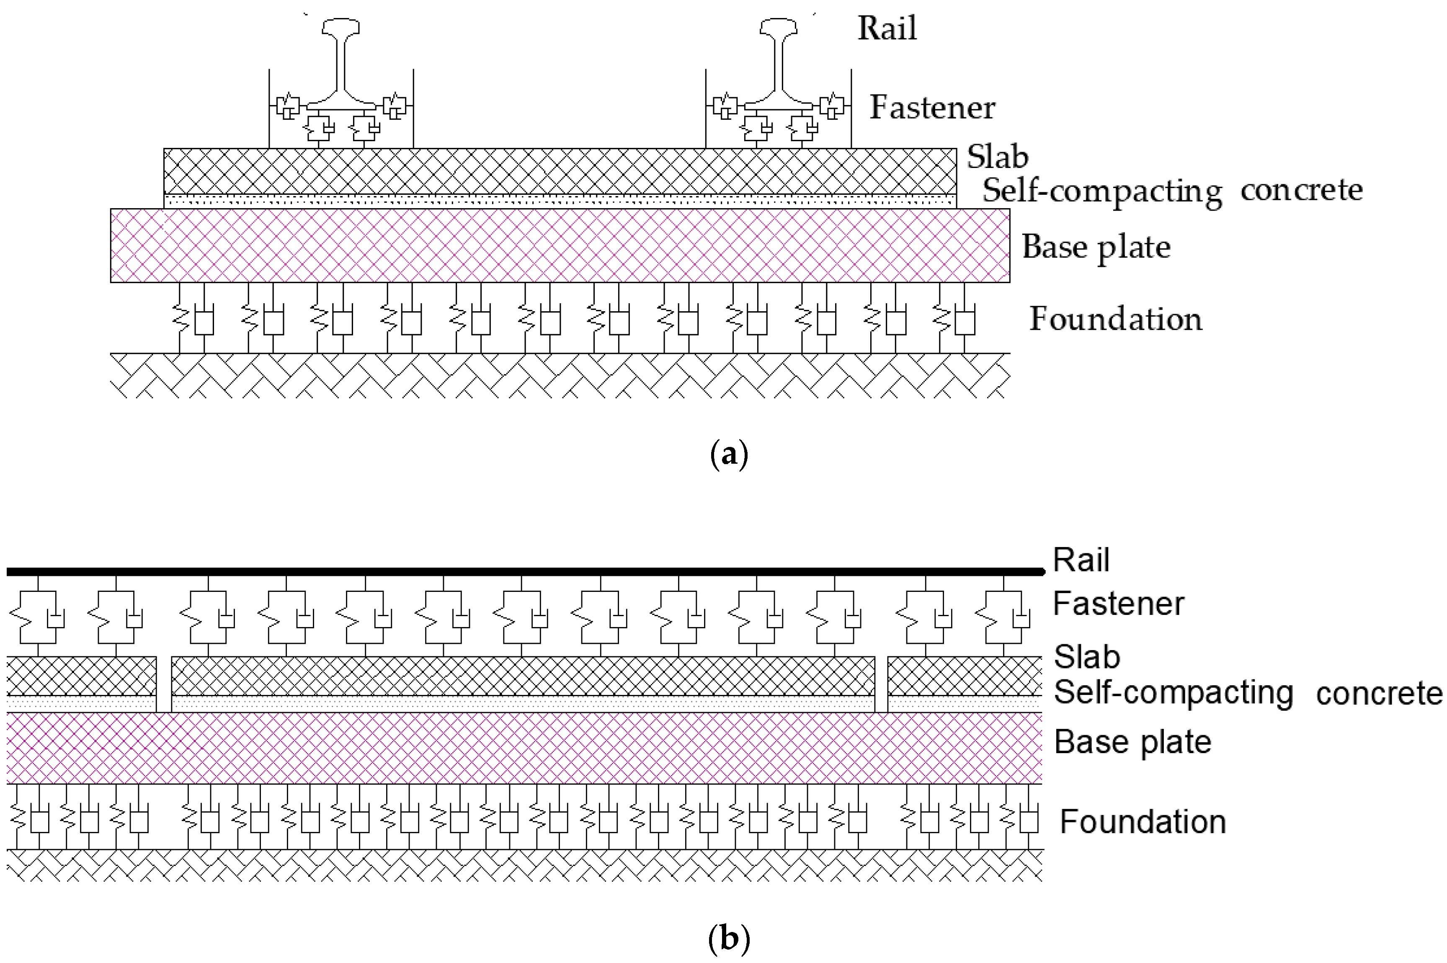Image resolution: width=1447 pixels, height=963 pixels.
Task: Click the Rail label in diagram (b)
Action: click(x=1081, y=560)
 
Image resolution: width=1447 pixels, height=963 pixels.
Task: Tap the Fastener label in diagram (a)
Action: click(x=932, y=108)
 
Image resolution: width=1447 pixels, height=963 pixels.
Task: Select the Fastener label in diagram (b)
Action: click(x=1118, y=603)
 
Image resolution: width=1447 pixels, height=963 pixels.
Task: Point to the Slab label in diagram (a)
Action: click(x=998, y=157)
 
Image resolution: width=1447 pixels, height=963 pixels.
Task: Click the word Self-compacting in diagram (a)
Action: click(x=1102, y=191)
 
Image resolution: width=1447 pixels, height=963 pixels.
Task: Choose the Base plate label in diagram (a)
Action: click(x=1096, y=247)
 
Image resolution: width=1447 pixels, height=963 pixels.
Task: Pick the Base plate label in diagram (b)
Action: click(x=1132, y=742)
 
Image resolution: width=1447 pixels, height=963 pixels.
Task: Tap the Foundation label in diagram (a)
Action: click(x=1115, y=319)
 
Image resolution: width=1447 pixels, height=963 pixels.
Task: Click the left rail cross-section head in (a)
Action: click(x=340, y=28)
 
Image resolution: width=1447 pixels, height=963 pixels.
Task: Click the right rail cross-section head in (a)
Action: click(x=779, y=28)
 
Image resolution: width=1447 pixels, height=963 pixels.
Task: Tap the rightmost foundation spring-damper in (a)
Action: click(x=953, y=318)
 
